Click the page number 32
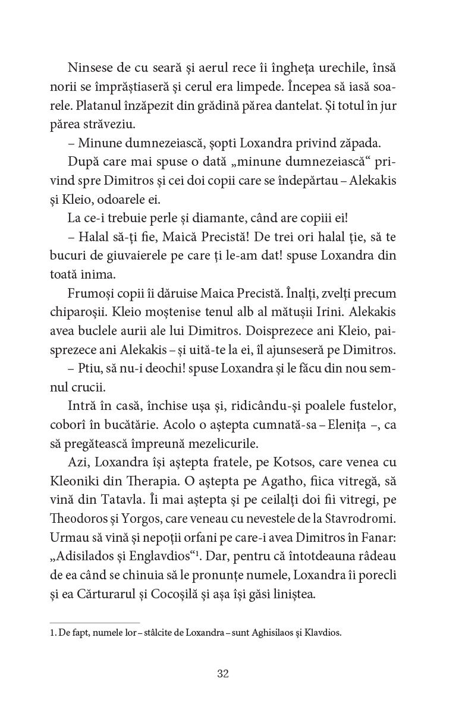tap(223, 673)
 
